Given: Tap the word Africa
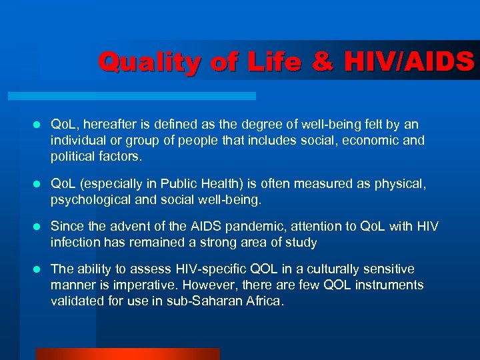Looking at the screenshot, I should pyautogui.click(x=265, y=301).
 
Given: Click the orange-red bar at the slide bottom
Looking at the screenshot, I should pyautogui.click(x=127, y=354).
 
